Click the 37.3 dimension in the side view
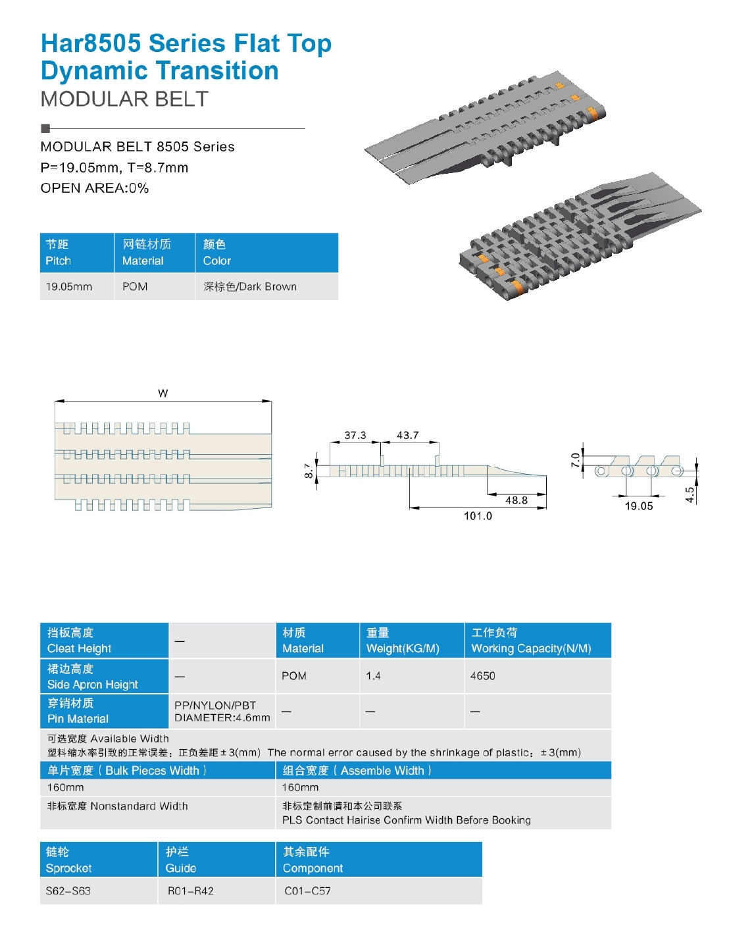[x=355, y=435]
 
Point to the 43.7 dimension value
[x=407, y=435]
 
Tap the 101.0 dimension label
[x=478, y=516]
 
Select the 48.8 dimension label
[x=516, y=500]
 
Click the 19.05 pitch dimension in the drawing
[x=638, y=506]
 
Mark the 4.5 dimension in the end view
[x=690, y=494]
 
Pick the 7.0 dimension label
[x=576, y=459]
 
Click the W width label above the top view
[x=163, y=393]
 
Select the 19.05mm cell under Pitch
[x=69, y=287]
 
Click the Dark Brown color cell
[x=250, y=287]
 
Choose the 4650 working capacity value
[x=482, y=676]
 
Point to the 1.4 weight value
[x=373, y=676]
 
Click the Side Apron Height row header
[x=92, y=677]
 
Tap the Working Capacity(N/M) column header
[x=531, y=640]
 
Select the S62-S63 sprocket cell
[x=68, y=891]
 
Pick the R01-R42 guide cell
[x=190, y=891]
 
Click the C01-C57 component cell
[x=307, y=891]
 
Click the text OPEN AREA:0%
[x=95, y=188]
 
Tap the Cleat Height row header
[x=79, y=640]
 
